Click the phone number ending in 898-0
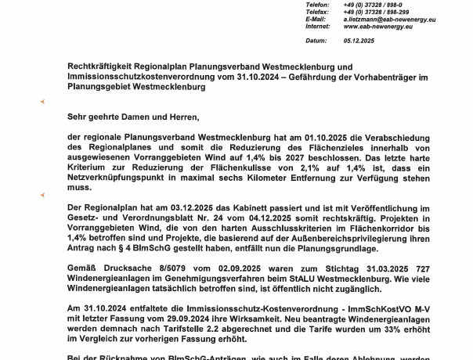pyautogui.click(x=370, y=5)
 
